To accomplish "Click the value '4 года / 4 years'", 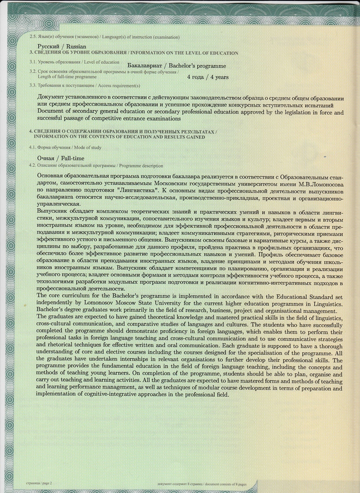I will (x=207, y=77).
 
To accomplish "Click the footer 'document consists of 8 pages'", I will (x=224, y=484).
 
